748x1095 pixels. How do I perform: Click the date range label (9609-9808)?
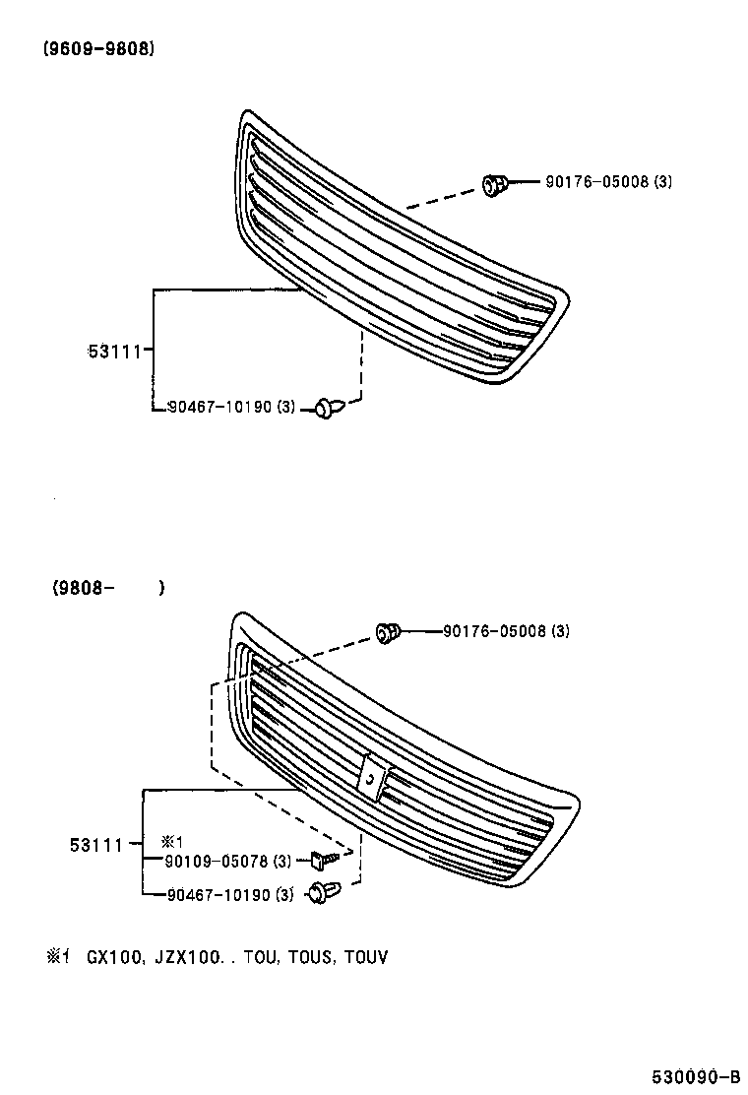98,49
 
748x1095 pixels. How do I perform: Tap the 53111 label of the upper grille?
115,350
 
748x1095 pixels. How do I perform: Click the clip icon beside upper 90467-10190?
330,406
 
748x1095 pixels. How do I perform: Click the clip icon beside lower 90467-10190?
321,893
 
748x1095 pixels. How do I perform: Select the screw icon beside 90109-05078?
324,860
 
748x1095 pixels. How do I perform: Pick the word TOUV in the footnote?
366,956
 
